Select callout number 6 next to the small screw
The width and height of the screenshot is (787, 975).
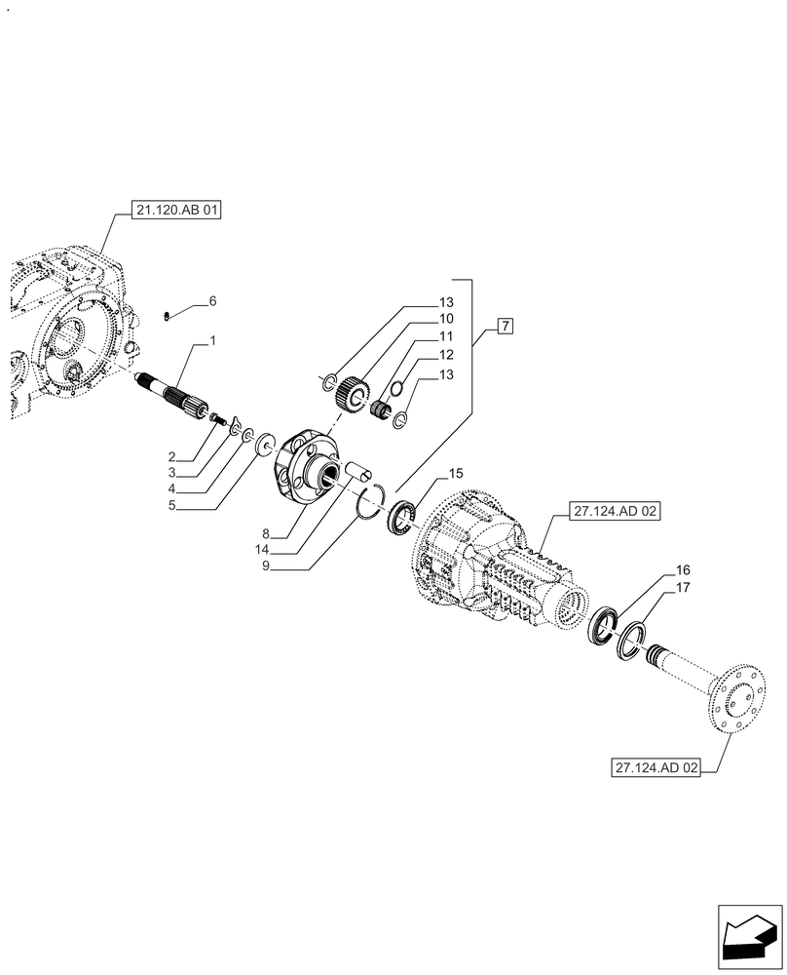tap(211, 301)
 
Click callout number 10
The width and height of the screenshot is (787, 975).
tap(445, 319)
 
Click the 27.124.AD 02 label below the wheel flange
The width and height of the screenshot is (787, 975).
tap(657, 767)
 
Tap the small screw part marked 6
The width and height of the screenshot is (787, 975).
tap(167, 314)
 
